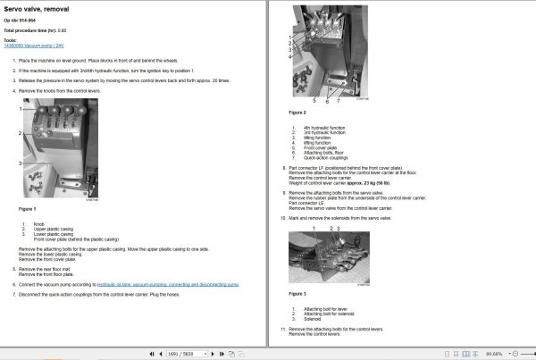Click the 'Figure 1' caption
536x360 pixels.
click(27, 208)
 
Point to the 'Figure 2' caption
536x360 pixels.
click(297, 113)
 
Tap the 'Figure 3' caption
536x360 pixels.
click(297, 293)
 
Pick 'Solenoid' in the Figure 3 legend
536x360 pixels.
click(312, 317)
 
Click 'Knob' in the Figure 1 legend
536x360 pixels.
click(38, 222)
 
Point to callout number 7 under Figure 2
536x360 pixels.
click(339, 100)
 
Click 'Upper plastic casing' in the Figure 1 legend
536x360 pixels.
click(53, 228)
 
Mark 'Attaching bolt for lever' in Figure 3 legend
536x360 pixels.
click(324, 308)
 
